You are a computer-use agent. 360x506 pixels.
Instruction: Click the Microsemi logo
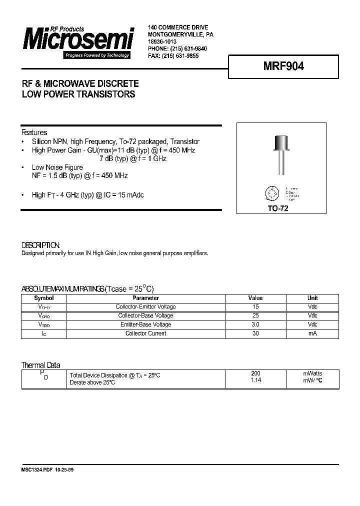point(77,41)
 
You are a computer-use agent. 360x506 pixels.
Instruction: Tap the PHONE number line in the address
point(177,49)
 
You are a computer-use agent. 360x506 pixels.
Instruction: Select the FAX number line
point(173,56)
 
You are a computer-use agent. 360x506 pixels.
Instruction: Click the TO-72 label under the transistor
point(278,209)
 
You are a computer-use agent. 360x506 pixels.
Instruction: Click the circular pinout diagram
point(272,193)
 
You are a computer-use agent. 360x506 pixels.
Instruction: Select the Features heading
point(34,132)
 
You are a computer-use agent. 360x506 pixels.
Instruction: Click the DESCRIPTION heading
point(40,245)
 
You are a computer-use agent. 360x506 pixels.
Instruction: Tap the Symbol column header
point(43,298)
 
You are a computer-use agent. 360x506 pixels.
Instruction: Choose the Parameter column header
point(145,298)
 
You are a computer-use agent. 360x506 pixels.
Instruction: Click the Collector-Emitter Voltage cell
point(145,306)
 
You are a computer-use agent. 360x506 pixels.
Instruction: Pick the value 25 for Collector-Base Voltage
point(255,315)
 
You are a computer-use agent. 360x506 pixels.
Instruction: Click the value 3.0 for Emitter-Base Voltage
point(255,324)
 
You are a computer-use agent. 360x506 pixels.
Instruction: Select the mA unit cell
point(312,333)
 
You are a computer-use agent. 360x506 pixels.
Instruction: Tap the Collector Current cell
point(145,333)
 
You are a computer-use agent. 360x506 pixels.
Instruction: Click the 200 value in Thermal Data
point(255,373)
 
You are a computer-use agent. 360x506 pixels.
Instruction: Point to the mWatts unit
point(312,373)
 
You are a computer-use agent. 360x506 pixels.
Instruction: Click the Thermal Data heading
point(40,365)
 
